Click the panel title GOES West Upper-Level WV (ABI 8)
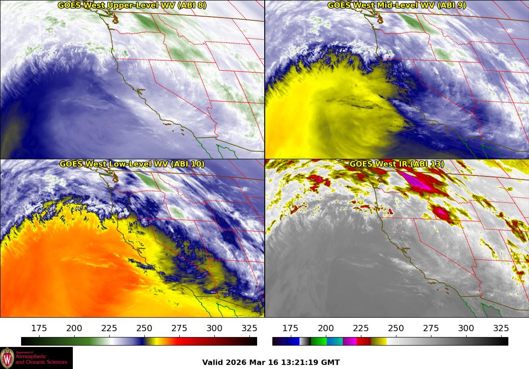(x=132, y=5)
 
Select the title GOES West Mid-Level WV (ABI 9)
(x=396, y=5)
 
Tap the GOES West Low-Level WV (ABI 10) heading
(x=132, y=164)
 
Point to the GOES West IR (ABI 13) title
(x=396, y=164)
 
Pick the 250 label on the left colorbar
(x=144, y=328)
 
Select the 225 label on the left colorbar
(x=109, y=328)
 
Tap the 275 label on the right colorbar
(x=431, y=328)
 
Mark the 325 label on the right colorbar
(x=501, y=328)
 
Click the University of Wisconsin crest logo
(x=7, y=358)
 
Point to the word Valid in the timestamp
(x=212, y=362)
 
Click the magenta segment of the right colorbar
(x=350, y=342)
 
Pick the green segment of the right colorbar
(x=318, y=342)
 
